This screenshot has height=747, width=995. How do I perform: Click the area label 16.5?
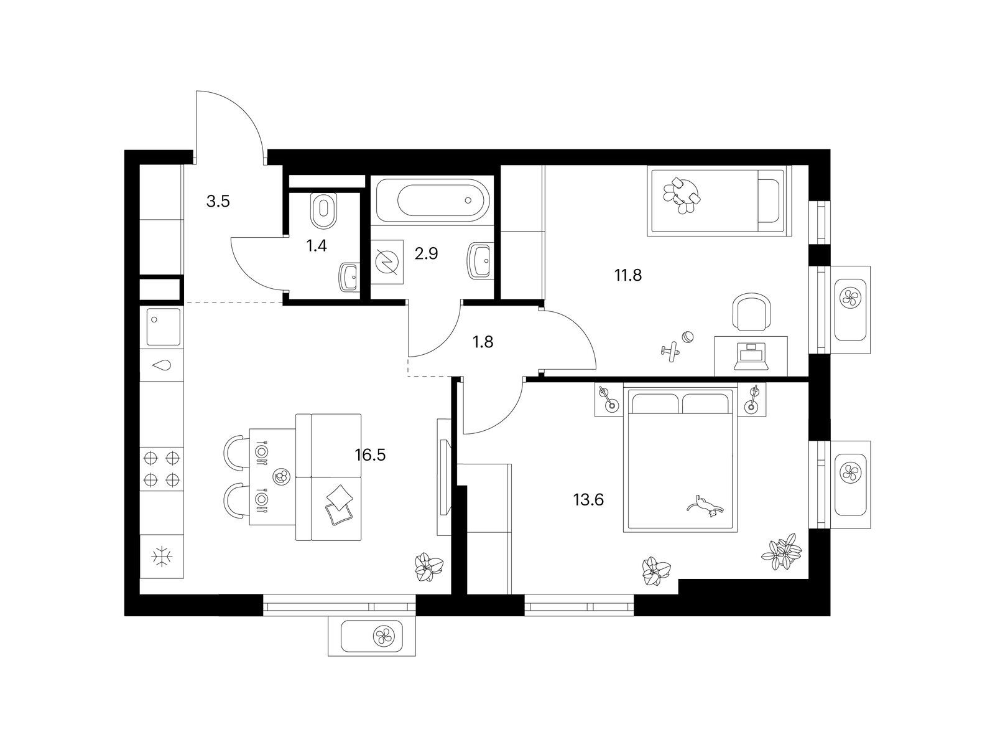pyautogui.click(x=370, y=454)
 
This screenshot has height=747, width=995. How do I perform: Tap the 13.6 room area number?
pyautogui.click(x=588, y=500)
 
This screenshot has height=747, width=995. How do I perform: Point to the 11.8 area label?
pyautogui.click(x=628, y=275)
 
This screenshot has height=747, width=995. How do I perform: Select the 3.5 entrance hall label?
pyautogui.click(x=218, y=201)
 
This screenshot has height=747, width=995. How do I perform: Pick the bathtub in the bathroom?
pyautogui.click(x=434, y=200)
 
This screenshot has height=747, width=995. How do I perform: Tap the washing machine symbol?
pyautogui.click(x=387, y=261)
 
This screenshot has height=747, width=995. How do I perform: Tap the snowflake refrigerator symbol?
pyautogui.click(x=161, y=557)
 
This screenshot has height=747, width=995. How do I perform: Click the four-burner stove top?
pyautogui.click(x=161, y=469)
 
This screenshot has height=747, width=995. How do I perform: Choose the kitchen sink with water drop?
pyautogui.click(x=162, y=365)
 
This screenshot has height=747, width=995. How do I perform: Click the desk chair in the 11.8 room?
pyautogui.click(x=751, y=312)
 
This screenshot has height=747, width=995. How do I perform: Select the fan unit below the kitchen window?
pyautogui.click(x=372, y=637)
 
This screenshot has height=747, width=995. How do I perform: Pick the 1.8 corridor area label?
pyautogui.click(x=483, y=342)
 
